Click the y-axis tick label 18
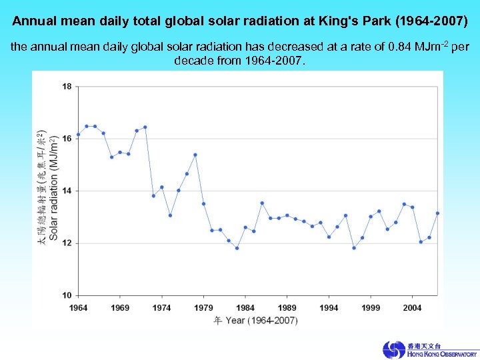(67, 86)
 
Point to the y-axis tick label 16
(67, 138)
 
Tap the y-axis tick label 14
(67, 191)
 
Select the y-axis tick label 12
(67, 243)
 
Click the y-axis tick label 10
(67, 295)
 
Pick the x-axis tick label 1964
(78, 307)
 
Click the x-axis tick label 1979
(203, 307)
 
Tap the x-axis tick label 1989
(287, 307)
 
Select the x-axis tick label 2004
(412, 307)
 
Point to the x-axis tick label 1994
(329, 307)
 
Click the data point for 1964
(78, 135)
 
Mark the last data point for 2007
(437, 213)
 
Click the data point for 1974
(162, 187)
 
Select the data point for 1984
(245, 227)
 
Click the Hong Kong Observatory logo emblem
(393, 350)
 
